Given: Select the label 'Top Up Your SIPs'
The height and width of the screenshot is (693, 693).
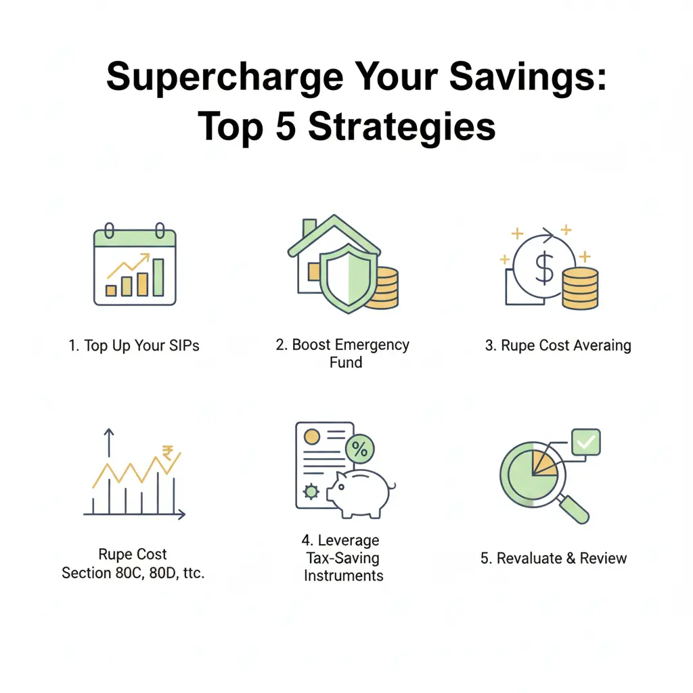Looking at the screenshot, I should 134,346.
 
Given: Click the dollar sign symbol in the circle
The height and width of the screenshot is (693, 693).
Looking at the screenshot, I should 544,269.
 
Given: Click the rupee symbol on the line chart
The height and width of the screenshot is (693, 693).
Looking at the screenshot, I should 166,453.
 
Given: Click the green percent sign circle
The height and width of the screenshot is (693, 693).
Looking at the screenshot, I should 360,449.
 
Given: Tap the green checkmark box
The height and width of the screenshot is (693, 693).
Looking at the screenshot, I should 585,443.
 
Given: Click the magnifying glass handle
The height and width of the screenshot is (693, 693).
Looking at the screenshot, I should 575,509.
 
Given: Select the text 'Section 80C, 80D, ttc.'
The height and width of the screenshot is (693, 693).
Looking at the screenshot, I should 133,573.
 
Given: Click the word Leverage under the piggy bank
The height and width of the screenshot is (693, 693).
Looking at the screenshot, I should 340,541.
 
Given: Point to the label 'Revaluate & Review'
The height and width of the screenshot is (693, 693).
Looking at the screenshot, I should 554,559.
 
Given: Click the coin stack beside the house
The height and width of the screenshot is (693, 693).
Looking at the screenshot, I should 383,287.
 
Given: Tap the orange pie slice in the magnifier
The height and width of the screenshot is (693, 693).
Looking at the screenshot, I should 543,464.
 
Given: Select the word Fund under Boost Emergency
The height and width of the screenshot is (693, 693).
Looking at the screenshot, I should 345,363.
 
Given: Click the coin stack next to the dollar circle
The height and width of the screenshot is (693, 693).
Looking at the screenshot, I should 580,288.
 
